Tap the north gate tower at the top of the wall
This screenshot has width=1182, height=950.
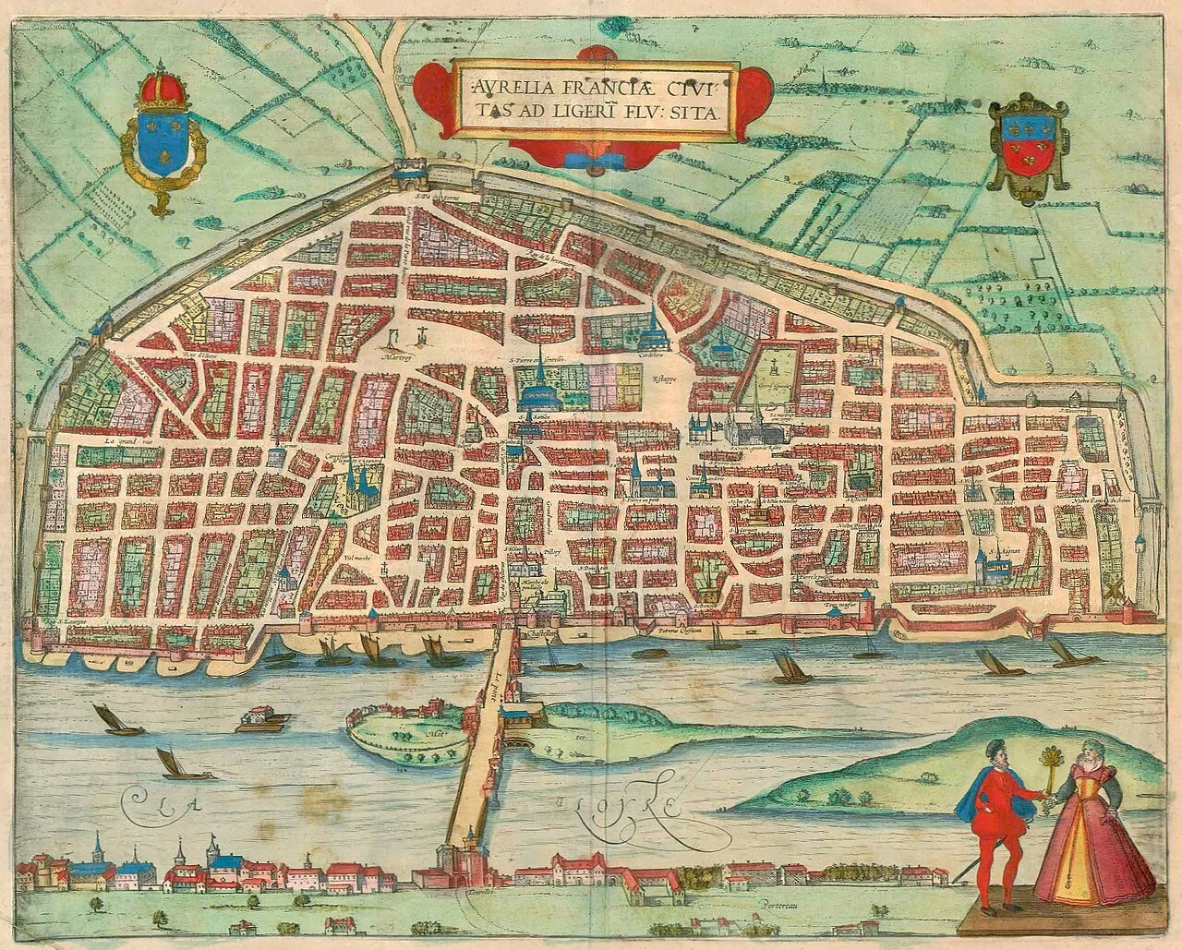(x=404, y=170)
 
